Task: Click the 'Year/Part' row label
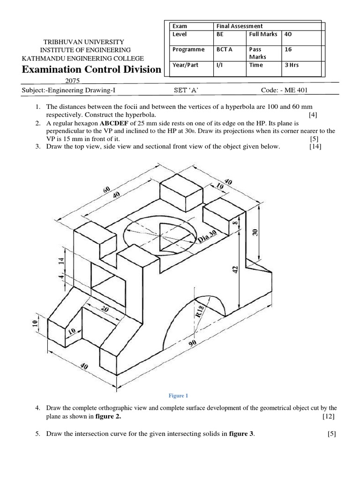point(186,65)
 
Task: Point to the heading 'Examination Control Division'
point(90,70)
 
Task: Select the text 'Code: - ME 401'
point(285,90)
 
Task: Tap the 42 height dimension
point(236,269)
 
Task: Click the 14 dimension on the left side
point(60,261)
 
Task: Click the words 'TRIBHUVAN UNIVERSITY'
point(84,42)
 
